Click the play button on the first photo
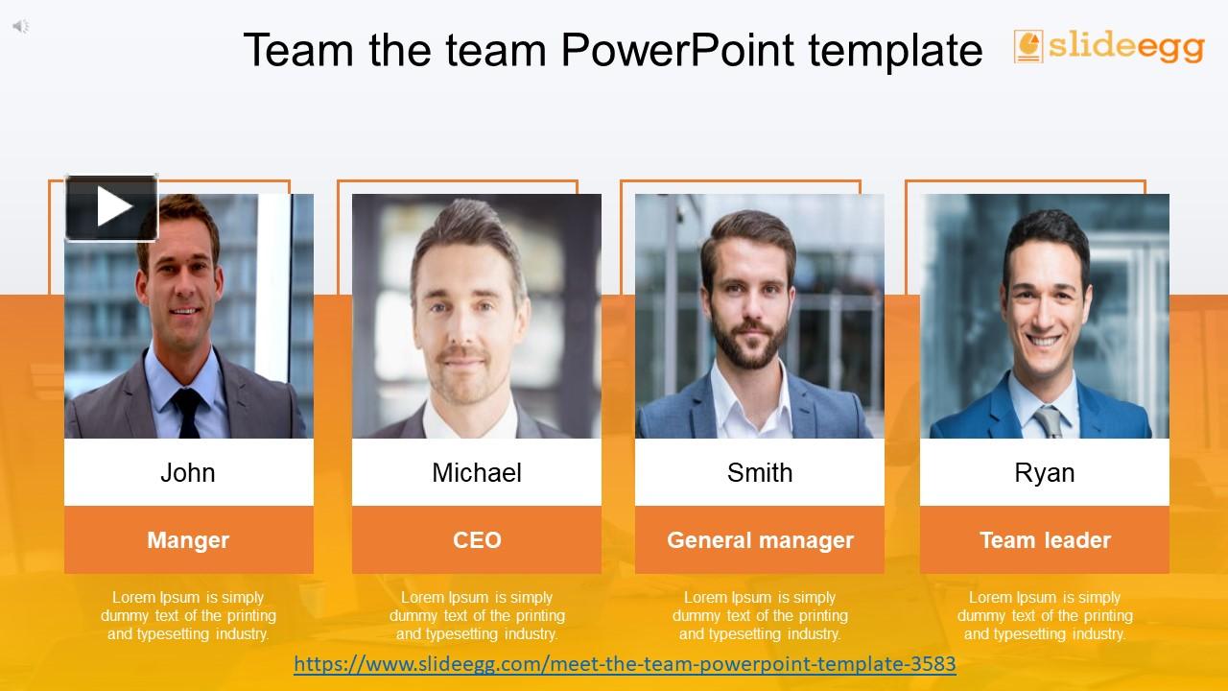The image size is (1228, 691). pos(111,207)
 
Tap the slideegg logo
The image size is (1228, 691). pos(1109,46)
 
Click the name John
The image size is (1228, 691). pos(188,472)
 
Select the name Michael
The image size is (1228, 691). pos(477,472)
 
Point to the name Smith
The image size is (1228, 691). pos(760,472)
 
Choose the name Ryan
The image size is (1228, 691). pos(1044,472)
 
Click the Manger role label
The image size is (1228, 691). pos(188,540)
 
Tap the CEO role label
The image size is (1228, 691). pos(477,540)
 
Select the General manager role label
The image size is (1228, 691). pos(760,540)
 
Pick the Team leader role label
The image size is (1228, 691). pos(1045,540)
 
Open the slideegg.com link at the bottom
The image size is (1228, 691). pos(625,663)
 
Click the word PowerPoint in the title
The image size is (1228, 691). pos(677,50)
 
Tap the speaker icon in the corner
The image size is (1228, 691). pos(20,26)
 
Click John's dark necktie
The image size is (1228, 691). pos(187,413)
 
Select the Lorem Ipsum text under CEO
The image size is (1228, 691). pos(477,615)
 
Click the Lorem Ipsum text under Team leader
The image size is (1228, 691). pos(1045,615)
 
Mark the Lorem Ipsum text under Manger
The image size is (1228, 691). pos(188,615)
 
